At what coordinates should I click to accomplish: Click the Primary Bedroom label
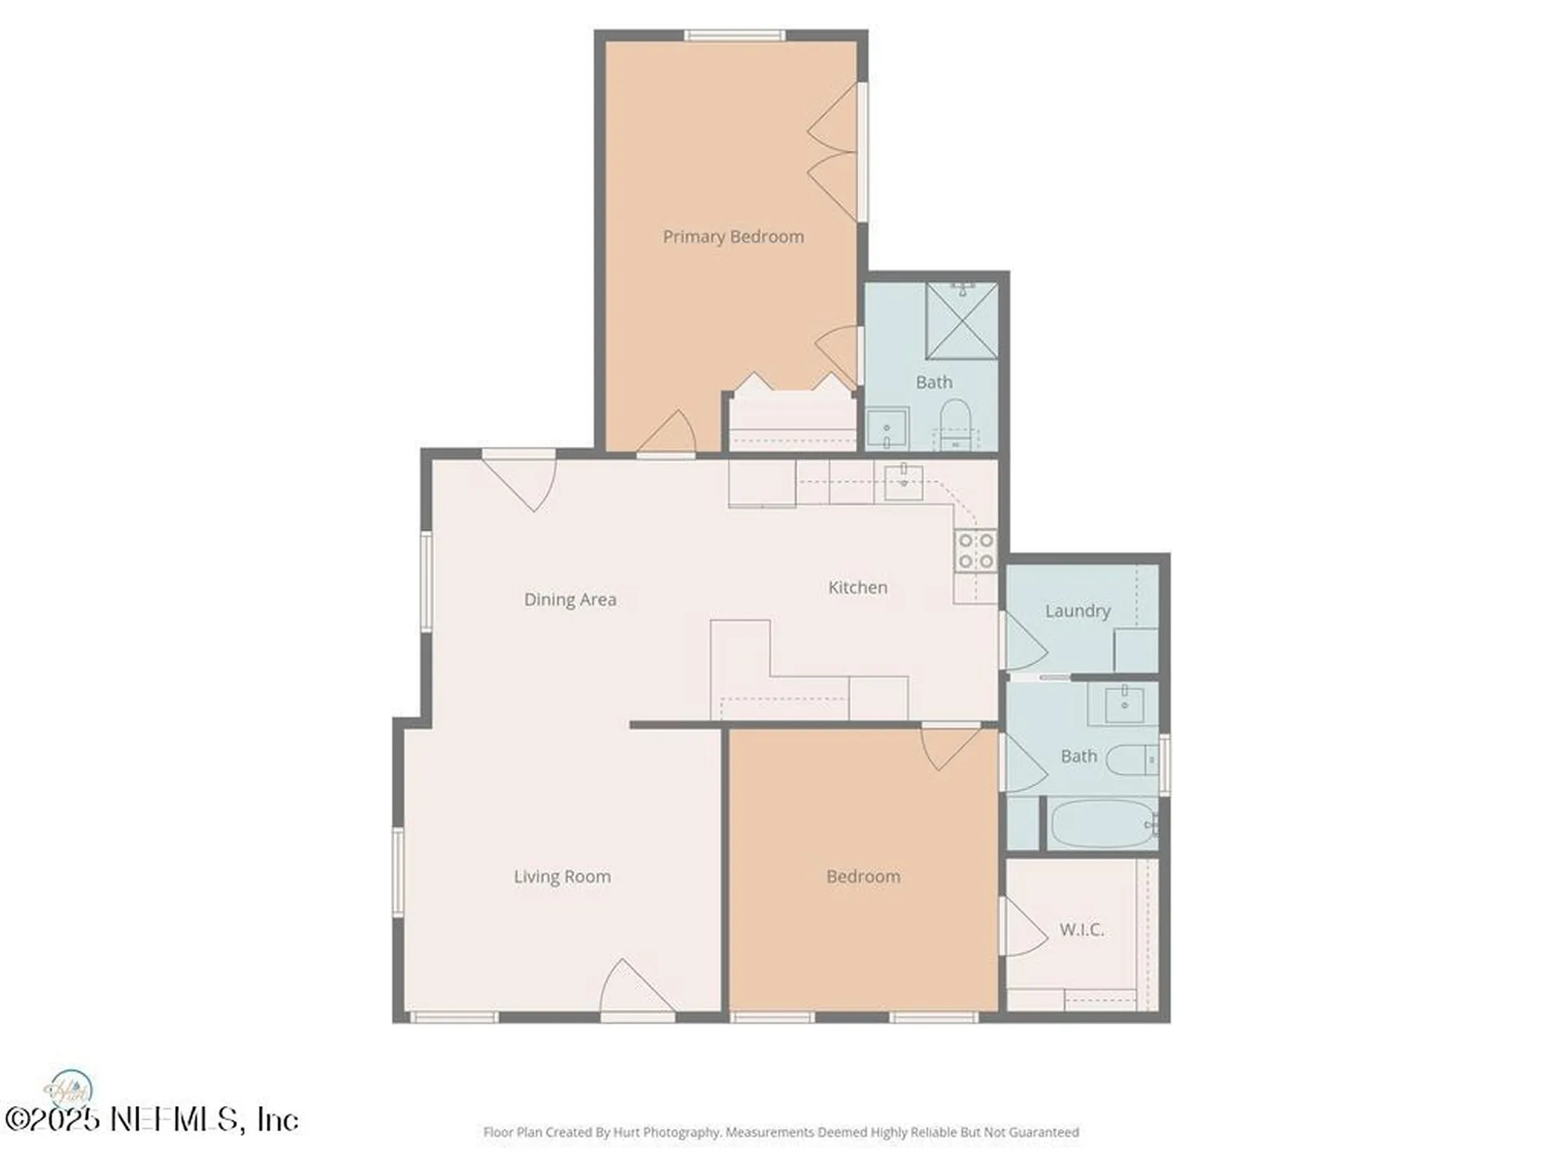coord(733,237)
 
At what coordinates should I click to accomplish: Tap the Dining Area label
coord(570,600)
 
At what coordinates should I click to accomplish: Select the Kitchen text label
coord(858,588)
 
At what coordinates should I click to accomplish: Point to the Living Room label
coord(563,877)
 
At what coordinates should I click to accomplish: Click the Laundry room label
coord(1078,611)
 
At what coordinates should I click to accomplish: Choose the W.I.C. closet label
coord(1082,929)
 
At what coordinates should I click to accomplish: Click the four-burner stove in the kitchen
coord(975,551)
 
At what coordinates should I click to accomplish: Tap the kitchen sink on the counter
coord(904,482)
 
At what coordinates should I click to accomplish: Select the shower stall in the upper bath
coord(961,321)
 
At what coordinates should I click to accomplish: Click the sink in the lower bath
coord(1124,705)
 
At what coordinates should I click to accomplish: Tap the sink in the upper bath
coord(887,428)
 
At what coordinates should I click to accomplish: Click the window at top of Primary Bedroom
coord(734,35)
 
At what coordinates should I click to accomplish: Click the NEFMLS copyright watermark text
coord(152,1119)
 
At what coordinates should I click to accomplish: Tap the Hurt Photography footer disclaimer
coord(781,1132)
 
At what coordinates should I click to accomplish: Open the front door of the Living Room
coord(637,988)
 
